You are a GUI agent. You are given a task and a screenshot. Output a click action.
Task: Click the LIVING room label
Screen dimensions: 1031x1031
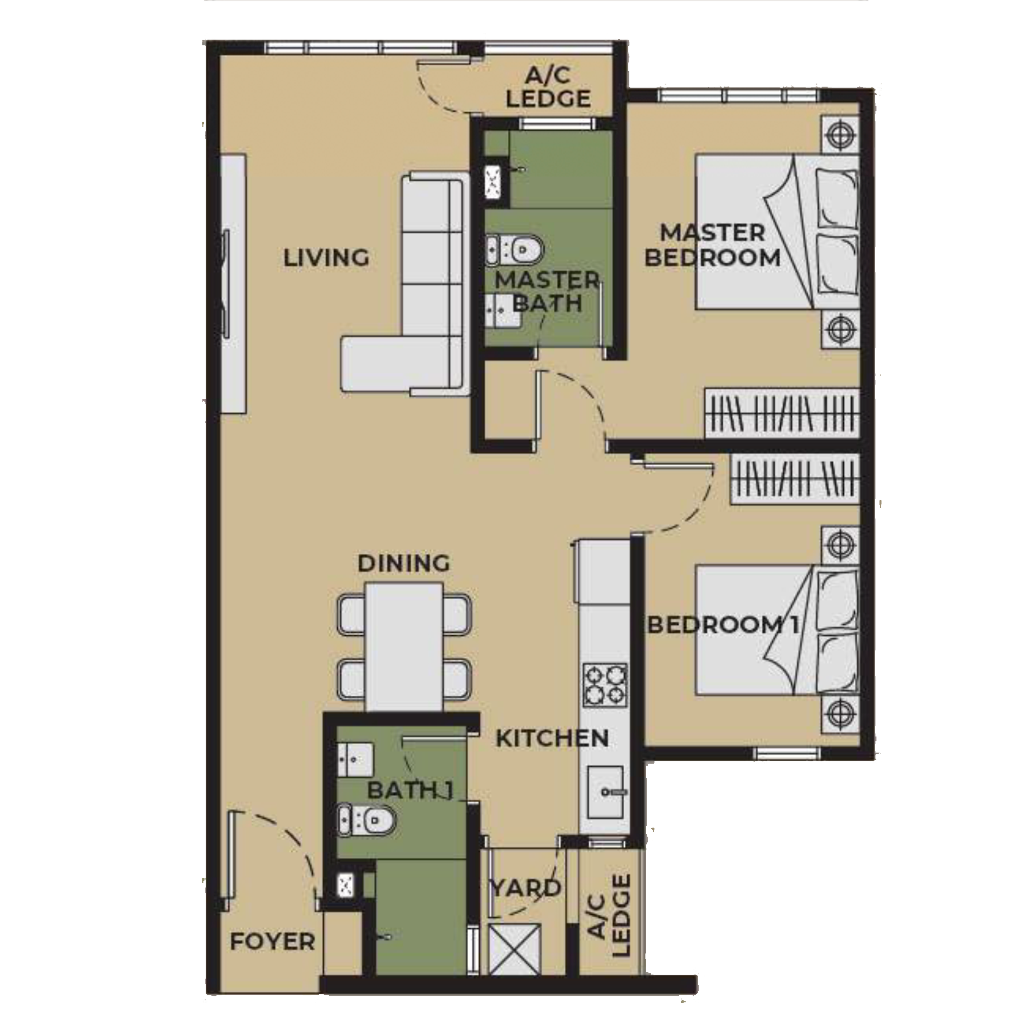coord(326,258)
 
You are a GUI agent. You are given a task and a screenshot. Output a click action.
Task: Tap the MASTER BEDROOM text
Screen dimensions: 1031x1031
coord(712,246)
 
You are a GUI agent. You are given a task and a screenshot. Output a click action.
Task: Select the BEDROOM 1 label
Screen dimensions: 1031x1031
coord(723,625)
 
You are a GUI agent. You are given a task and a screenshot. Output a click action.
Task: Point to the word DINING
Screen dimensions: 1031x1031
coord(403,563)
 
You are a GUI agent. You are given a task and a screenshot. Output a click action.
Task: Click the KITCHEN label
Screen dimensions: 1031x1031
coord(552,739)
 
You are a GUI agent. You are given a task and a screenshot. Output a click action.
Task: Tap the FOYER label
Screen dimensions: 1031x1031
coord(272,942)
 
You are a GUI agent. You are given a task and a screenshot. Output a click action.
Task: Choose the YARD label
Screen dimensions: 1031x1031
coord(526,888)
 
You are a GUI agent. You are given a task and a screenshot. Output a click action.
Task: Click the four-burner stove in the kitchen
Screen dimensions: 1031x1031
coord(605,685)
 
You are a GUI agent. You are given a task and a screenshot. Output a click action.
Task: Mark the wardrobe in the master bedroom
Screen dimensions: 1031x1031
coord(781,414)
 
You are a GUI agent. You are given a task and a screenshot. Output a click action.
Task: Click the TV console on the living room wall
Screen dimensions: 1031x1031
coord(233,283)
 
